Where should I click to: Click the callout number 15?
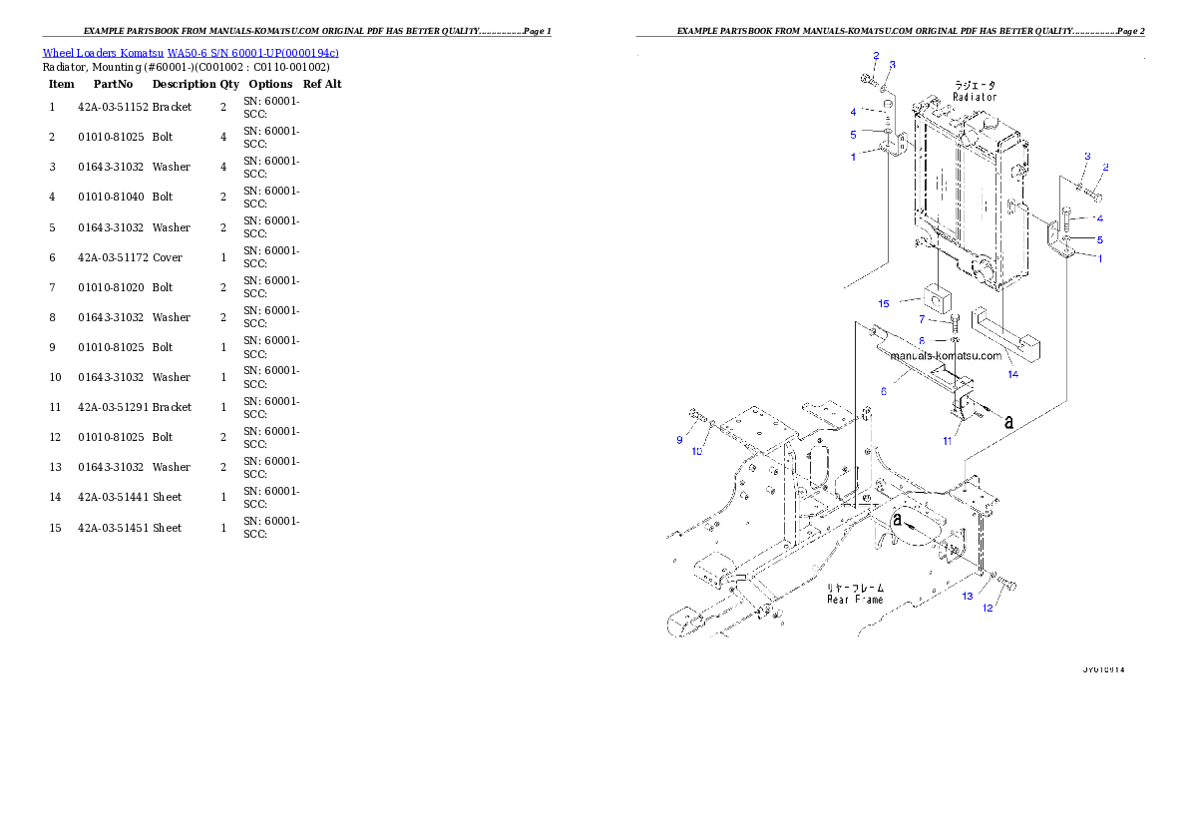(x=884, y=303)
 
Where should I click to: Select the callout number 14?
(x=1012, y=374)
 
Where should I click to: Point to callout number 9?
(x=679, y=439)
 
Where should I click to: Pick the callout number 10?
(x=697, y=451)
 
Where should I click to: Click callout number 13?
(x=968, y=597)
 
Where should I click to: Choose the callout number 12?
(x=989, y=609)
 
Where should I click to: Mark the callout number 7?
(x=923, y=319)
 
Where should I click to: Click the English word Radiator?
(x=975, y=98)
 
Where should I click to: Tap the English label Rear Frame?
(x=855, y=600)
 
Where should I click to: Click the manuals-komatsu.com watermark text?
(x=946, y=355)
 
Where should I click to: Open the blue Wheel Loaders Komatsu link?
(x=191, y=52)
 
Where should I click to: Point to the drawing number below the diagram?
(x=1103, y=670)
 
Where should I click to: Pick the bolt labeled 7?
(x=956, y=321)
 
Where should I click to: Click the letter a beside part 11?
(x=1008, y=422)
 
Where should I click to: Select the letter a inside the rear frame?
(x=898, y=520)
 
